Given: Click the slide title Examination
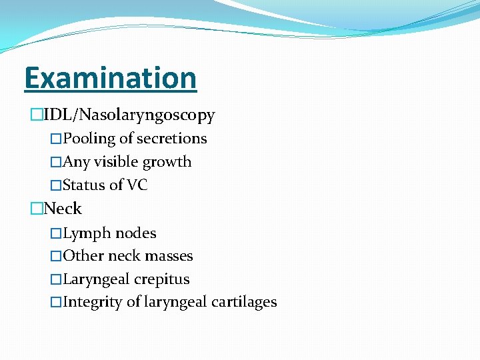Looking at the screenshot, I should coord(110,78).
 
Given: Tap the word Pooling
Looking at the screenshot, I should coord(89,139).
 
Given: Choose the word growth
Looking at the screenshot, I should coord(170,162).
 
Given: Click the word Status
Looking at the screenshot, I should coord(83,185).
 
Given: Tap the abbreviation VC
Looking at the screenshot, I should coord(137,185).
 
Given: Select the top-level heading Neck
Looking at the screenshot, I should coord(63,209).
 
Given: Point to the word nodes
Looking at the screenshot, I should coord(136,233).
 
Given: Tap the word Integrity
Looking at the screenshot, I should coord(93,302).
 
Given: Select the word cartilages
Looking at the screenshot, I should coord(244,302).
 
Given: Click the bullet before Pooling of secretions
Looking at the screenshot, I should coord(56,139).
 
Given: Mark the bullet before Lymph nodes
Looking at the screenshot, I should coord(56,233).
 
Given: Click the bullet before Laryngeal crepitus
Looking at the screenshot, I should coord(56,279).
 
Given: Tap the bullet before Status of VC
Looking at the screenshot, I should coord(56,185).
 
